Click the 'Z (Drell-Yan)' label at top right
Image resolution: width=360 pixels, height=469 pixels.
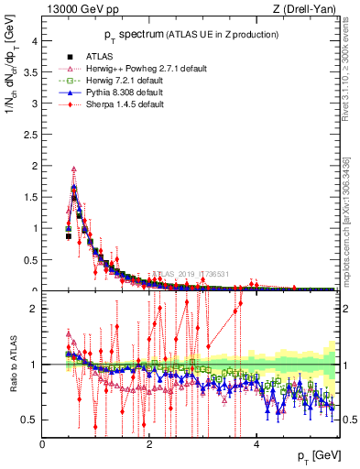click(x=309, y=10)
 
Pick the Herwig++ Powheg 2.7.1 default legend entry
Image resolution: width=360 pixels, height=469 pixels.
click(x=129, y=69)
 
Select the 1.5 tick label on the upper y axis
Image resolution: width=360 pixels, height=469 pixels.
click(x=30, y=197)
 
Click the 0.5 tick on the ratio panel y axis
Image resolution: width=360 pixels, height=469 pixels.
click(x=30, y=420)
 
